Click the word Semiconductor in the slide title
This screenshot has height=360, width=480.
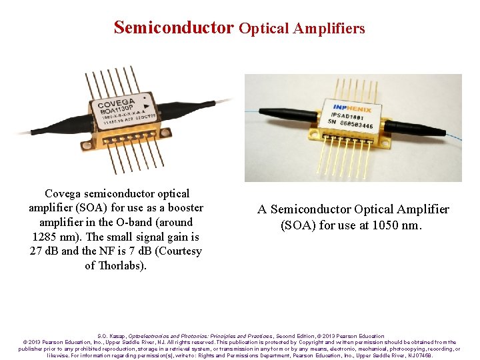click(x=174, y=27)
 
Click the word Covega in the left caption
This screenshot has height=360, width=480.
click(x=64, y=193)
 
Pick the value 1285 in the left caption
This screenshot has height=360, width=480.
click(x=47, y=237)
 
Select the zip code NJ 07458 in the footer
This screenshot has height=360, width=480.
click(x=421, y=355)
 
